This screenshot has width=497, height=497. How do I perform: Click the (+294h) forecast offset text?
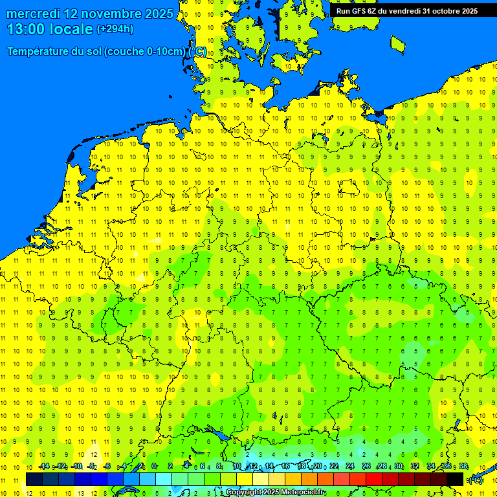(115, 29)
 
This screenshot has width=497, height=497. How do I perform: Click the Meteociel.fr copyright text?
(275, 492)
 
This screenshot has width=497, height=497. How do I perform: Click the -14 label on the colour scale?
(44, 467)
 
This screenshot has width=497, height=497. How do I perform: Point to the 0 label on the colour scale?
(154, 467)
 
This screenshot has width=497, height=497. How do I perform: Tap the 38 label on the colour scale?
(463, 467)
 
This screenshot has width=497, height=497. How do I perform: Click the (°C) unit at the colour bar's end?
(475, 480)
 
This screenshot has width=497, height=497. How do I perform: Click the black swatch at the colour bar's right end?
(455, 479)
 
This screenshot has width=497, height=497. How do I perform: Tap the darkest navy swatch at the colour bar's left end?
(34, 479)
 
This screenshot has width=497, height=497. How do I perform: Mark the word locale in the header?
(68, 29)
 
